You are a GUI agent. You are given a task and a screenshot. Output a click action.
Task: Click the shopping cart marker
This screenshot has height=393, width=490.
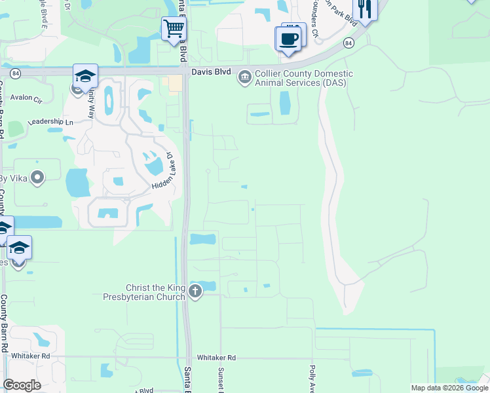(174, 29)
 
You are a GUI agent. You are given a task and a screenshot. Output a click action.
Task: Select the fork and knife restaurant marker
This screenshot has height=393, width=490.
(365, 9)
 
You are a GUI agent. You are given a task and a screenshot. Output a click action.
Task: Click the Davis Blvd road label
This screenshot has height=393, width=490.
(210, 73)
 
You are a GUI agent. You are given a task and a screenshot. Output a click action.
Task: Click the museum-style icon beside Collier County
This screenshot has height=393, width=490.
(245, 78)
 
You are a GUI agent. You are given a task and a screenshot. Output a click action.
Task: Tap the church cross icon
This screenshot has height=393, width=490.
(195, 291)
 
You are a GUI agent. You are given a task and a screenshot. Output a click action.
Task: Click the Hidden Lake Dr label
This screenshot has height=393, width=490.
(162, 173)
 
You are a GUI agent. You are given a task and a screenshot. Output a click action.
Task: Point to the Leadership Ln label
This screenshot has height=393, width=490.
(50, 122)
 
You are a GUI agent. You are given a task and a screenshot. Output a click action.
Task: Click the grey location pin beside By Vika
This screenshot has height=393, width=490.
(37, 178)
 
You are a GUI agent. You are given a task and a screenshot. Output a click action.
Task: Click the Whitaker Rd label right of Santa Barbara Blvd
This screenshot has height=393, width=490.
(216, 358)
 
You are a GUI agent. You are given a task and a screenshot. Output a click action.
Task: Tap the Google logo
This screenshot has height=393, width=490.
(22, 385)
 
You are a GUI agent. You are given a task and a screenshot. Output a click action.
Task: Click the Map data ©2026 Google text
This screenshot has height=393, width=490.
(449, 388)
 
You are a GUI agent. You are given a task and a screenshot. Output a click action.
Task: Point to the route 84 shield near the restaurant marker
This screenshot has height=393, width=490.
(349, 43)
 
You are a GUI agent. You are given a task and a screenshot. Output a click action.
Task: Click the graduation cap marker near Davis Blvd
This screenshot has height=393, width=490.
(85, 76)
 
